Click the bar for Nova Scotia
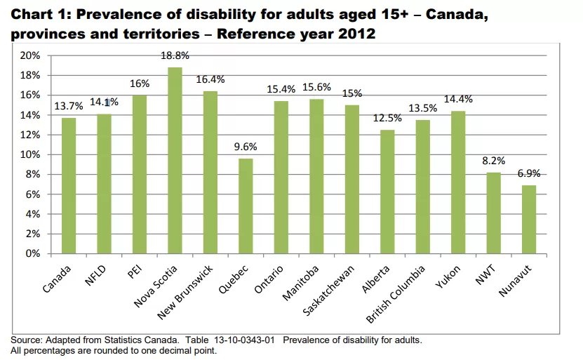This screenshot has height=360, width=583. tap(175, 161)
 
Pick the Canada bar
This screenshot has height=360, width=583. tap(69, 185)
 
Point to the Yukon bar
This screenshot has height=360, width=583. tap(457, 182)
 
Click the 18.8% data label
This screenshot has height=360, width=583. tap(175, 55)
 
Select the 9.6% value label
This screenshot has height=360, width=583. tap(245, 147)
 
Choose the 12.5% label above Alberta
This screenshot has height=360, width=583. tap(387, 118)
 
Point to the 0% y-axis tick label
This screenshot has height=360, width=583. tap(32, 253)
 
